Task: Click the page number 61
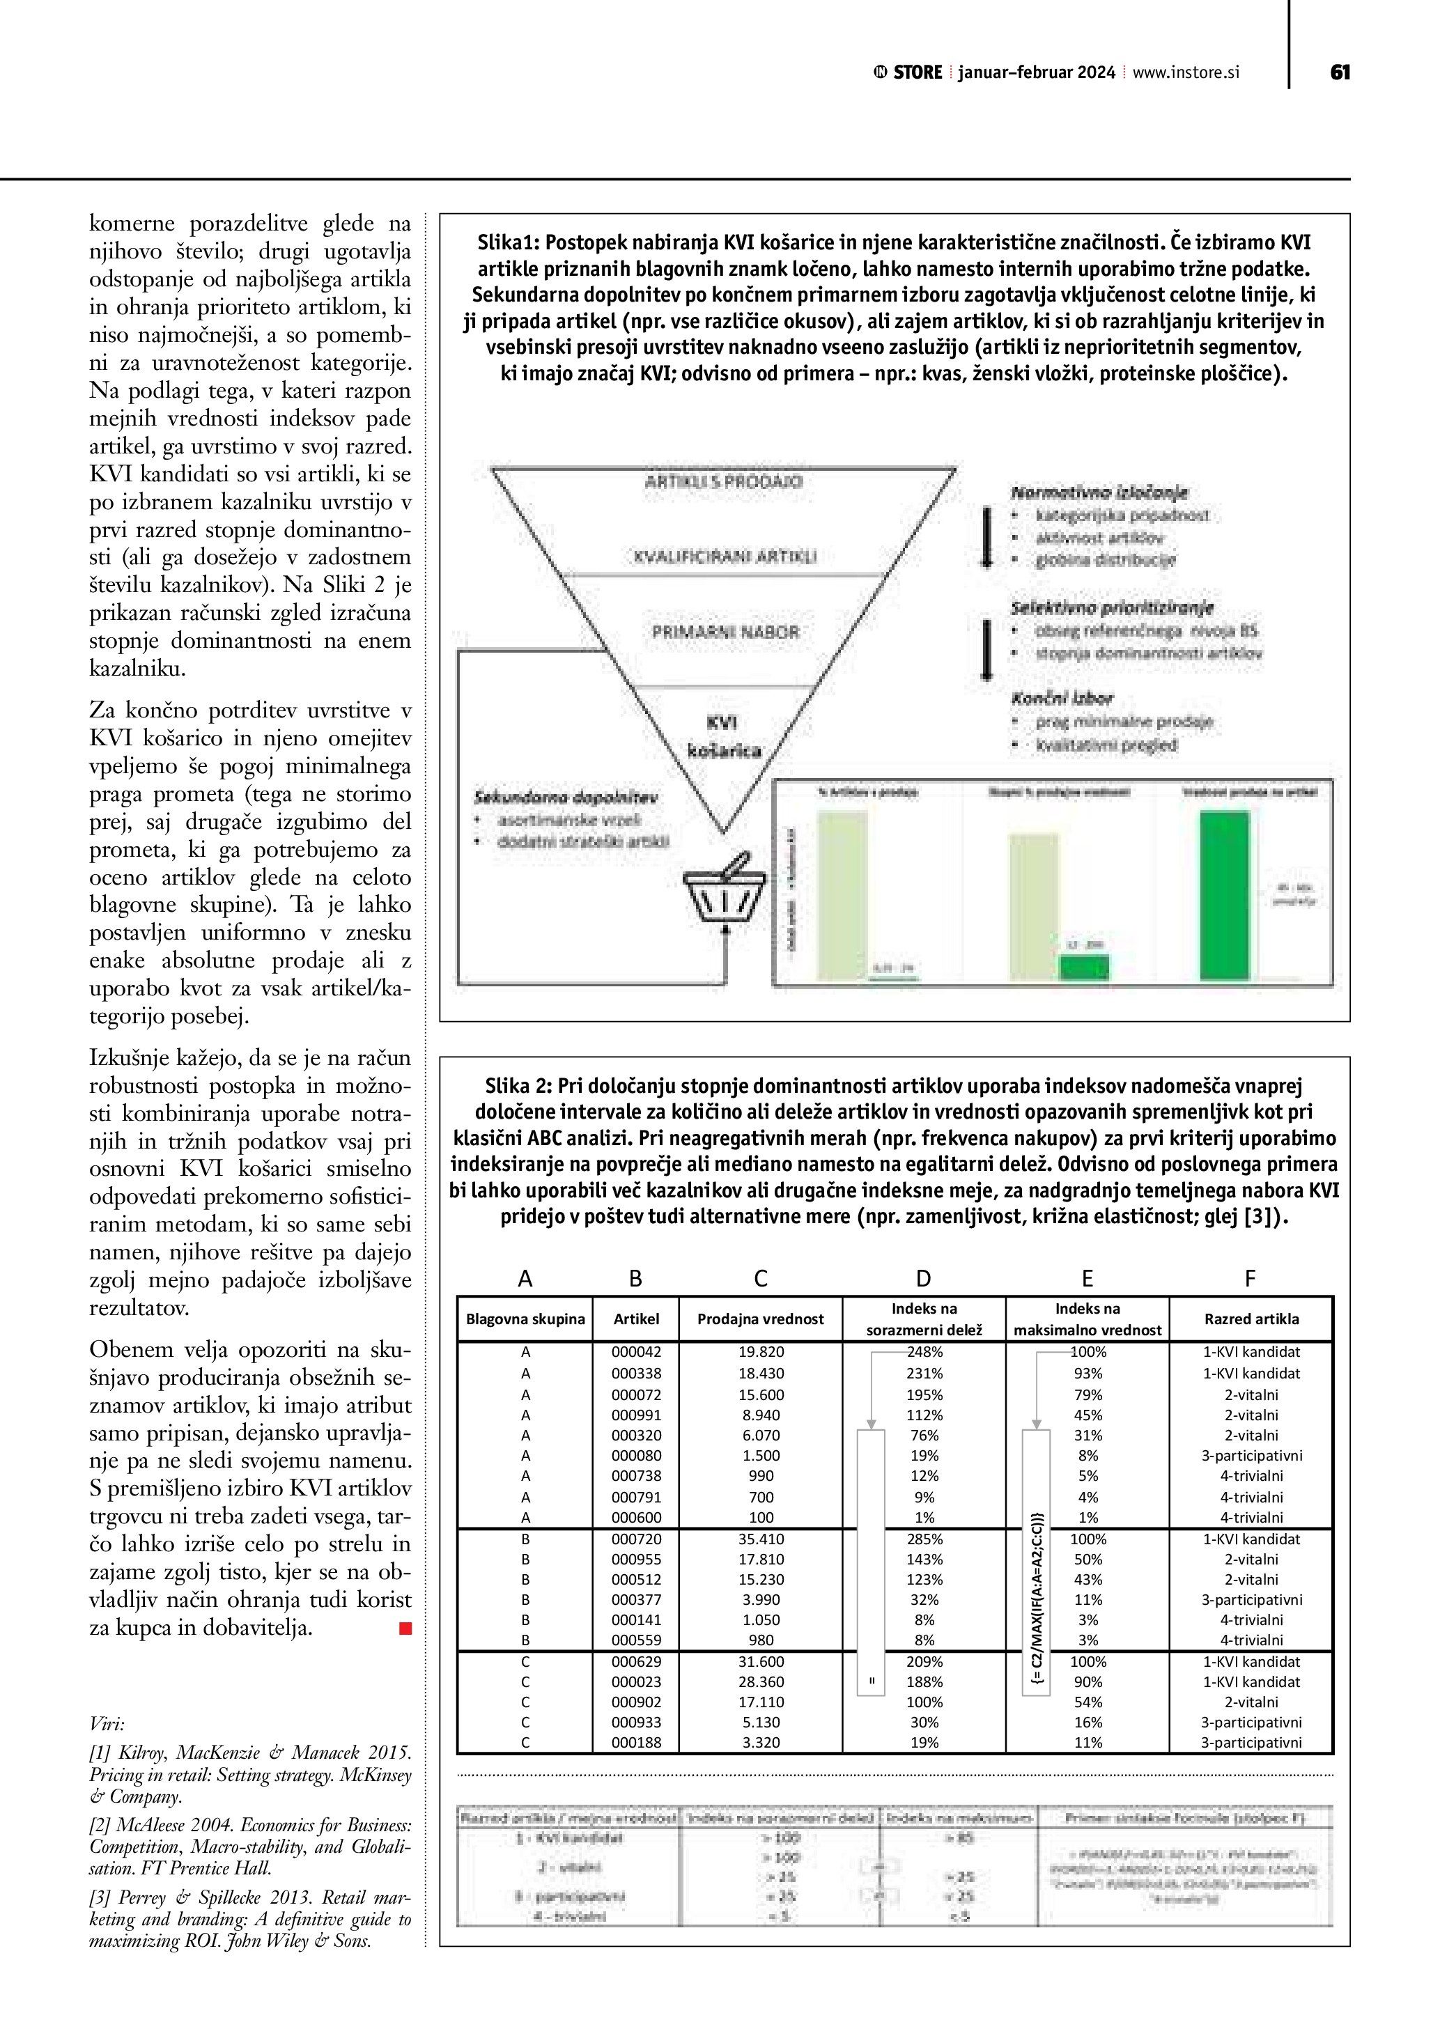[1340, 72]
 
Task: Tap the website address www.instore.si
[1186, 72]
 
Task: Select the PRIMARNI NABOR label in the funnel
[725, 632]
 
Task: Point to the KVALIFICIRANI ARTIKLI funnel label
[725, 557]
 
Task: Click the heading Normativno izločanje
[1099, 492]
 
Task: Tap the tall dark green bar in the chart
[1225, 896]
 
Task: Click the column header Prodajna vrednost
[760, 1319]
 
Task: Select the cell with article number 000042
[636, 1352]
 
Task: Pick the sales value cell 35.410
[760, 1539]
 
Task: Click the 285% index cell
[924, 1539]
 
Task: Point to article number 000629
[636, 1662]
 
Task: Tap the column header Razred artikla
[1251, 1319]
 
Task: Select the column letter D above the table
[923, 1278]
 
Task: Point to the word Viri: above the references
[107, 1724]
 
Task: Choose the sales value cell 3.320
[760, 1743]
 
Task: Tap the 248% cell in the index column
[924, 1352]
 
